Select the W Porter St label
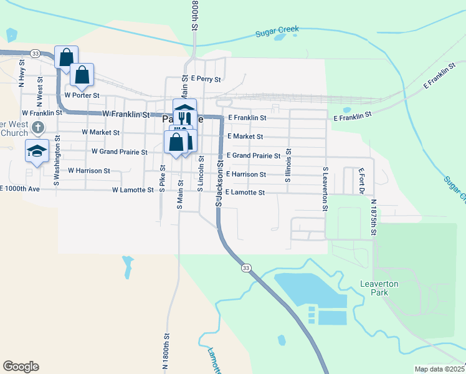click(82, 95)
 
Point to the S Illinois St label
click(288, 165)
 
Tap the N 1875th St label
click(374, 218)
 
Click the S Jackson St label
click(219, 181)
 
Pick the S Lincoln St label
click(201, 175)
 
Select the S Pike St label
click(161, 178)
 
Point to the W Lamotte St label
click(133, 190)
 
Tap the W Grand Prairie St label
click(119, 151)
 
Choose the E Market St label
click(245, 136)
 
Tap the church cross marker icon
click(38, 128)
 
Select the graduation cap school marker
click(37, 150)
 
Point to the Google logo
click(21, 367)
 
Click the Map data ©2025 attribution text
click(439, 369)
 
